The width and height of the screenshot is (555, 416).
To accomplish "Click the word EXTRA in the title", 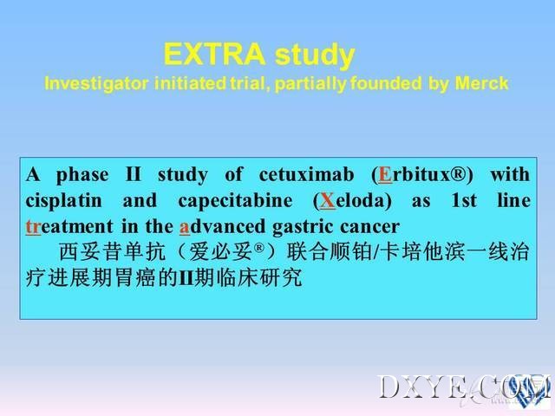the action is (214, 54).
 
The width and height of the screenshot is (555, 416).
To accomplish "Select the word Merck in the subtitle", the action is (481, 83).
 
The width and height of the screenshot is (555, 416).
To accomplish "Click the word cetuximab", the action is (306, 174).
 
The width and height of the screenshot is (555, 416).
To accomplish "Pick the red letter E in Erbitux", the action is (385, 175).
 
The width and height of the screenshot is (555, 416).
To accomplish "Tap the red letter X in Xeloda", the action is (327, 200).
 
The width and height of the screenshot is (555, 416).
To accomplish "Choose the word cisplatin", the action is (63, 201).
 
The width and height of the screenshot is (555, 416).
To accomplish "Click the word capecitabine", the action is (235, 201).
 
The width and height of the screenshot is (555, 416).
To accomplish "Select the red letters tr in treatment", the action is (33, 227).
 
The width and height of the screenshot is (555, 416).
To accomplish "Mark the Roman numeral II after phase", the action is (134, 174).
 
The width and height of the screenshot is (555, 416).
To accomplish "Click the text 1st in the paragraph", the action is (464, 200).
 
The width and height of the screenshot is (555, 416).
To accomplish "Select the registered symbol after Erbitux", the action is (460, 173).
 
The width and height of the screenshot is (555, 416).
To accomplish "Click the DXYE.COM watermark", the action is (465, 387).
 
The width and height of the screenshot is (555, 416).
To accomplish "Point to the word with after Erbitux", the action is (510, 174).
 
